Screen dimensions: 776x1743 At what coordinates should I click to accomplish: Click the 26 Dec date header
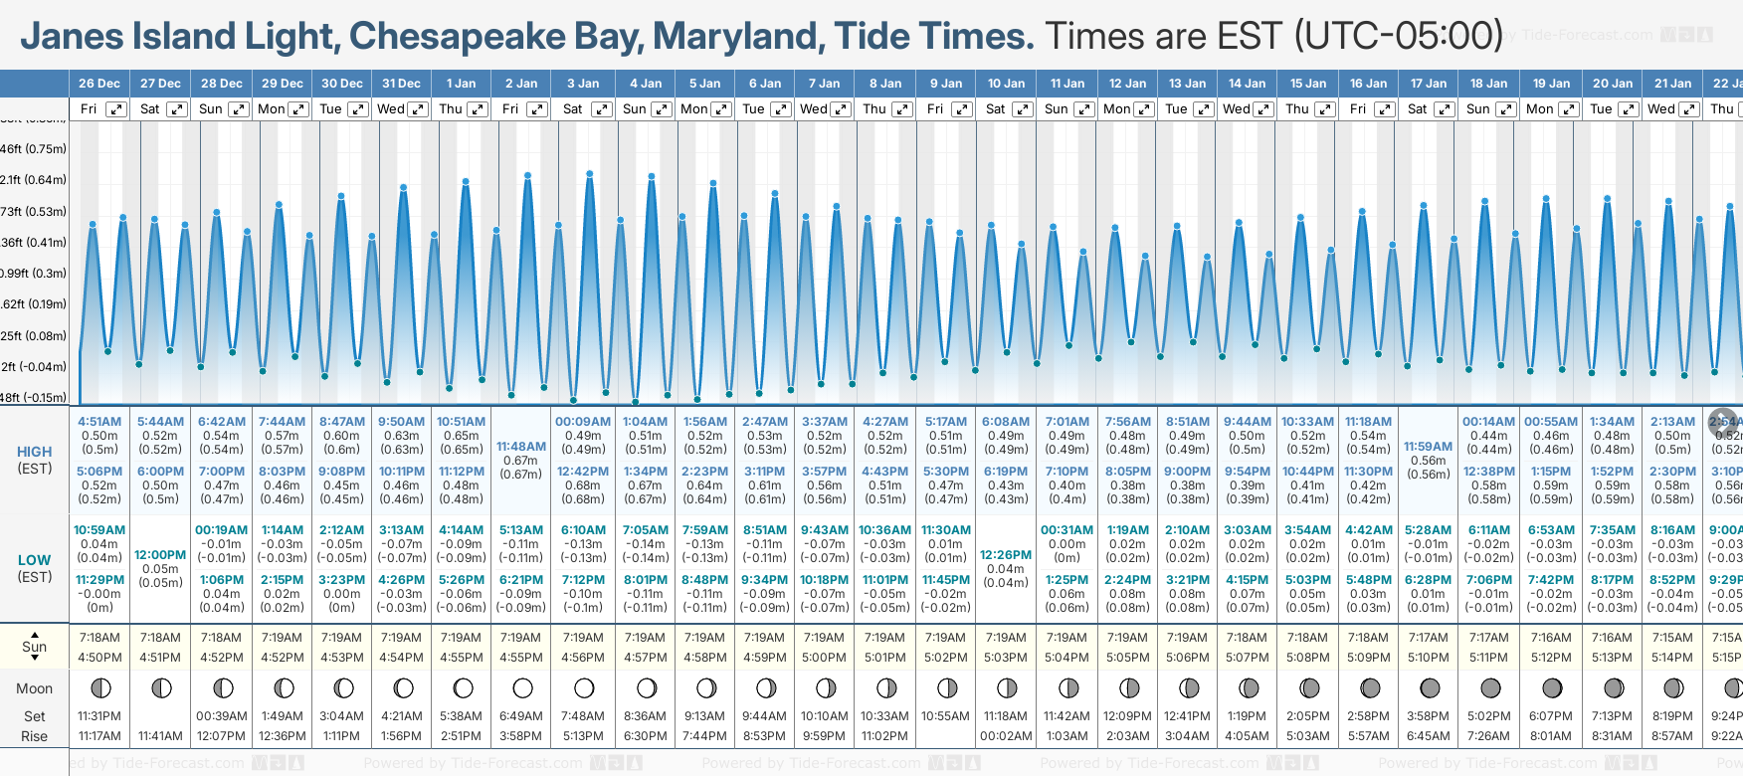[x=99, y=84]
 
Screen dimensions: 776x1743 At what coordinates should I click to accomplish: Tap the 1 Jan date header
[x=461, y=84]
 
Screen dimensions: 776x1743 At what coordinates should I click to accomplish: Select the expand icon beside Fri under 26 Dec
[x=116, y=109]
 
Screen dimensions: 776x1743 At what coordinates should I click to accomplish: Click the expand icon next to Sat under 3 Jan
[x=602, y=109]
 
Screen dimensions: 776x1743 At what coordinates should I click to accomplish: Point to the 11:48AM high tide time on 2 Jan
[x=521, y=447]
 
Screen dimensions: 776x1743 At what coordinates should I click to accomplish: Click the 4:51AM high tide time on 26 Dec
[x=99, y=422]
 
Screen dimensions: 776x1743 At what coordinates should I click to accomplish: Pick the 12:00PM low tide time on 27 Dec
[x=160, y=555]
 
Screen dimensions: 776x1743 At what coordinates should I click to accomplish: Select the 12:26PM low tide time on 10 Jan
[x=1006, y=555]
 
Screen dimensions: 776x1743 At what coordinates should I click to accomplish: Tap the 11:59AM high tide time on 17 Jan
[x=1428, y=447]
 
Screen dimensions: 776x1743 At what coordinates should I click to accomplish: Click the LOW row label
[x=35, y=561]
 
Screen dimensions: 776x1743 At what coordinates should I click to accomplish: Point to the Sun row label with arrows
[x=35, y=647]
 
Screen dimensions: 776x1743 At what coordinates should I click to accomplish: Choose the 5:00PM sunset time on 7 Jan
[x=825, y=658]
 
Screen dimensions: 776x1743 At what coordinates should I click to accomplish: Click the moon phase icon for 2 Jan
[x=522, y=687]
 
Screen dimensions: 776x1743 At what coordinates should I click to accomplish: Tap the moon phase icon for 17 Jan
[x=1430, y=687]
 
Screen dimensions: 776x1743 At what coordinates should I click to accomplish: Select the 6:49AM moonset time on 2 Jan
[x=521, y=716]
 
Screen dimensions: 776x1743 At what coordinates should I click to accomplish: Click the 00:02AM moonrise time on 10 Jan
[x=1006, y=736]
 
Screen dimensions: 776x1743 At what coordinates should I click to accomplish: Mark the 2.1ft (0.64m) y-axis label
[x=34, y=180]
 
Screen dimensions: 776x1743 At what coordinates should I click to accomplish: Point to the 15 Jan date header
[x=1308, y=84]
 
